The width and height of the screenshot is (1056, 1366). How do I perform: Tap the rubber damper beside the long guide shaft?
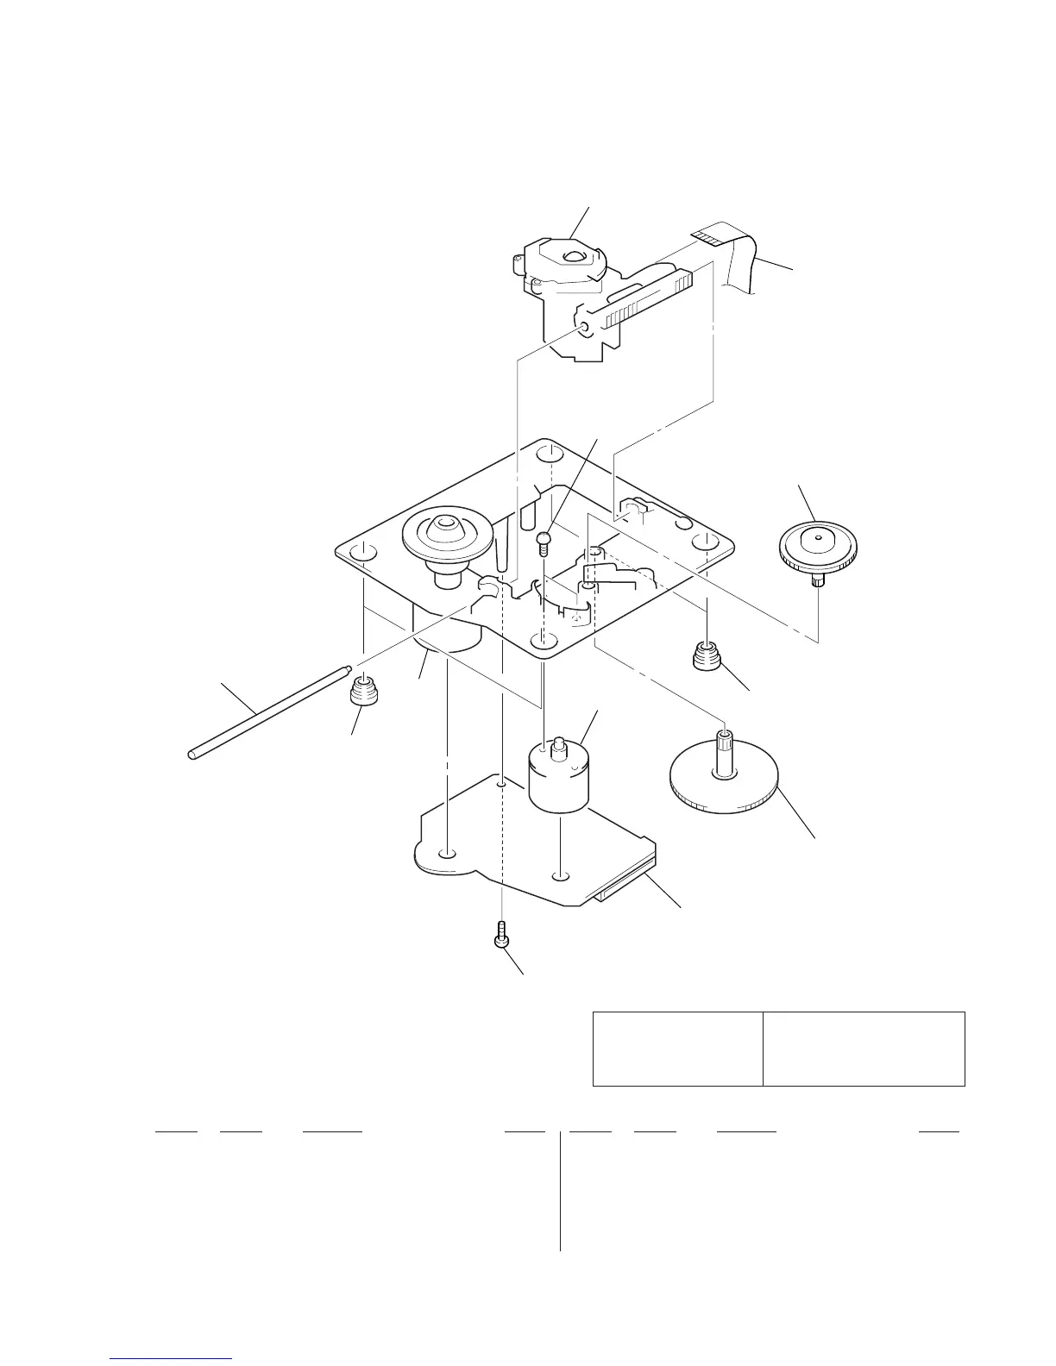(x=364, y=692)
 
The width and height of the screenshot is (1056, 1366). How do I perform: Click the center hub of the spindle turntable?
(x=445, y=523)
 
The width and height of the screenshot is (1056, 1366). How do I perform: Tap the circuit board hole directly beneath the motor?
(x=560, y=876)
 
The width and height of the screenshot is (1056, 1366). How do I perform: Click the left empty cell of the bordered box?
(x=678, y=1048)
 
